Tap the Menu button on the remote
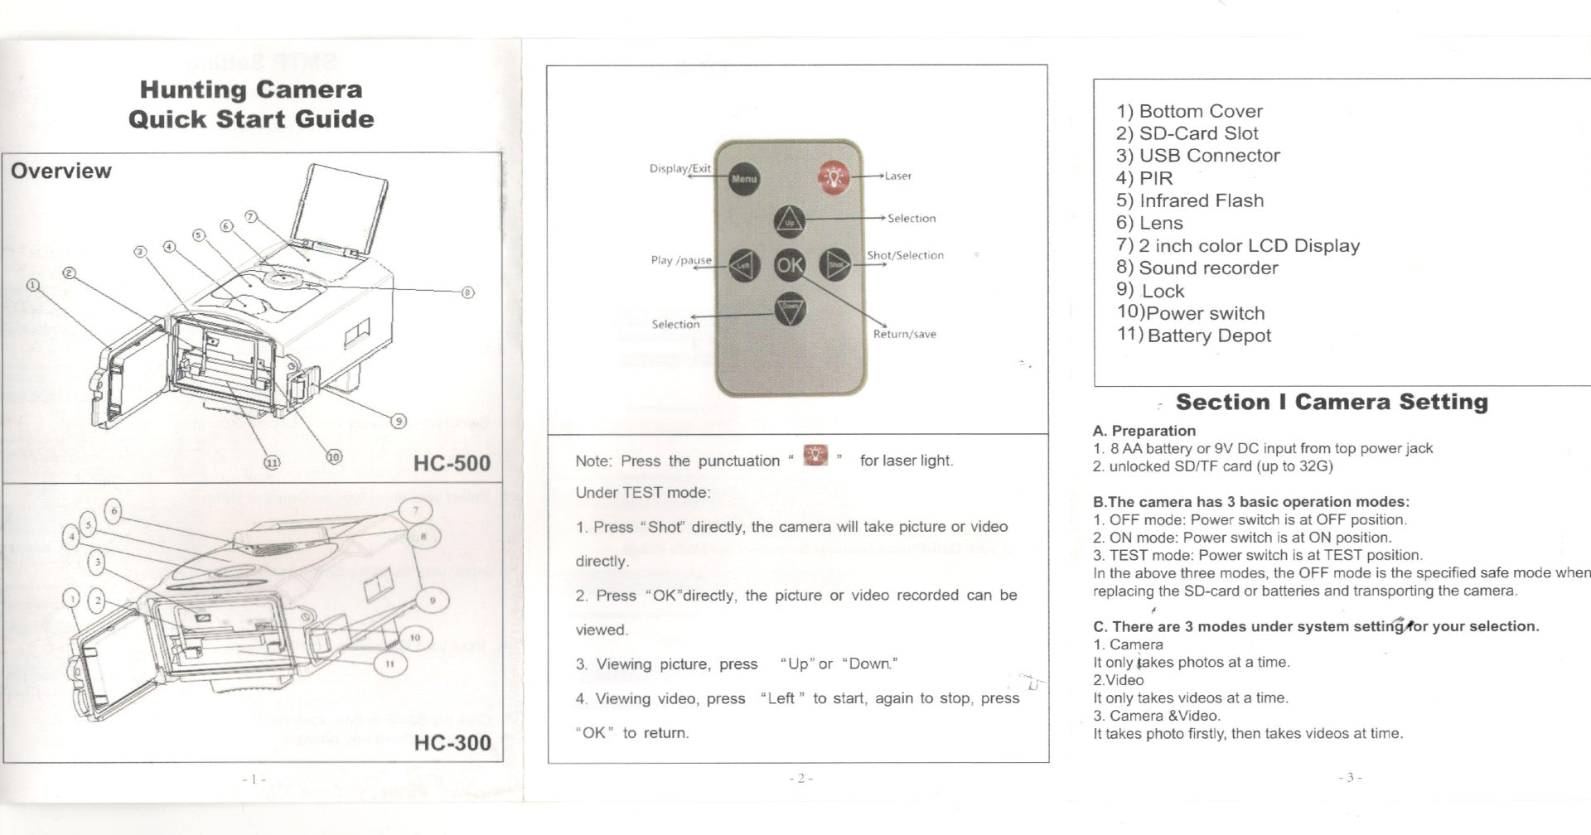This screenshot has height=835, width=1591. [744, 178]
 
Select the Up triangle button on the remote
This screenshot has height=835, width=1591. [789, 221]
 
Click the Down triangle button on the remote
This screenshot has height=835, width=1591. [790, 308]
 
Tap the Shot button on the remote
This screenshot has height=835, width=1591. [835, 264]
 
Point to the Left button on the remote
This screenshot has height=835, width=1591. [743, 265]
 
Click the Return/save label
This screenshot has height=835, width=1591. [904, 335]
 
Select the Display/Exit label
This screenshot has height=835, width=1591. [679, 169]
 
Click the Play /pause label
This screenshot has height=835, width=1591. [681, 260]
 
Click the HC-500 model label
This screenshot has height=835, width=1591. [452, 462]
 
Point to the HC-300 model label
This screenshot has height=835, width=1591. [452, 742]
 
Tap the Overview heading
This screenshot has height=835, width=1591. [60, 171]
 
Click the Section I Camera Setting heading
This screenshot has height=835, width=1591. [1332, 403]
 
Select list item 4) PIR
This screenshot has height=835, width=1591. [1144, 178]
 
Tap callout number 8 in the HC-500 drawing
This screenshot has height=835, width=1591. [467, 292]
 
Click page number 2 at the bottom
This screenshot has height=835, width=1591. [800, 778]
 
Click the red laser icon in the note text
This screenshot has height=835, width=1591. [816, 456]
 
